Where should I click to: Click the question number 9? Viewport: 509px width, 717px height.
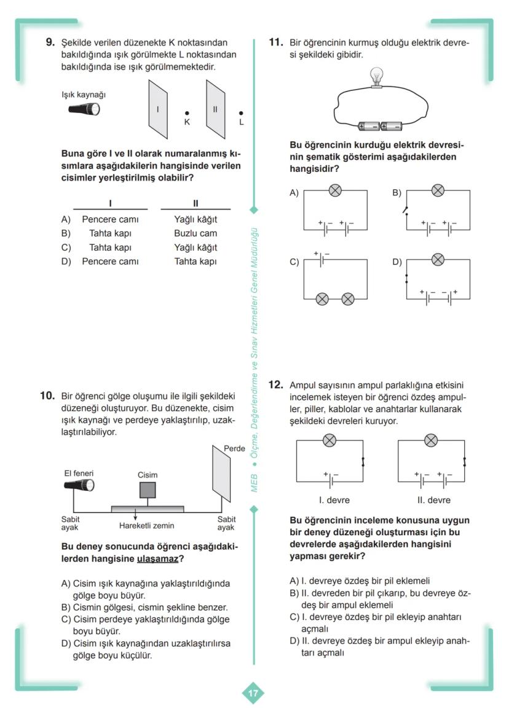(x=50, y=43)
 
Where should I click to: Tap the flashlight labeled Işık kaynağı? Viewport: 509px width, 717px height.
(x=84, y=109)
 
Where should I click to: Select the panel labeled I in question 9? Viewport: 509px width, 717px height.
(x=157, y=109)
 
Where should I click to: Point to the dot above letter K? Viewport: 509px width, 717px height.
(x=187, y=113)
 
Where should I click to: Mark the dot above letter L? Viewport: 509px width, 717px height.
(x=241, y=113)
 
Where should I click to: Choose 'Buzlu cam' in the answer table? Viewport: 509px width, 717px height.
(x=195, y=233)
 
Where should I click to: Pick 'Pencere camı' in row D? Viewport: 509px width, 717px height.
(x=110, y=262)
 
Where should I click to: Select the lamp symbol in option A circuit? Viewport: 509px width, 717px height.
(x=335, y=190)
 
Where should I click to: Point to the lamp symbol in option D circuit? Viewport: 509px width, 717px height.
(x=438, y=259)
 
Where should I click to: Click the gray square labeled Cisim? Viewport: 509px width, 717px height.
(x=148, y=490)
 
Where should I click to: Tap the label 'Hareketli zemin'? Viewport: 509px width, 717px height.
(x=146, y=526)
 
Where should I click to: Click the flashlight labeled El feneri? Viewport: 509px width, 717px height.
(x=79, y=486)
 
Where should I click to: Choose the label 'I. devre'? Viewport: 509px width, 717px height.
(x=334, y=500)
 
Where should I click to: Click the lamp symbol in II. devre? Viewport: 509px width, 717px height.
(x=432, y=440)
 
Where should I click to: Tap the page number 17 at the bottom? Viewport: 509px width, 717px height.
(x=253, y=693)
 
